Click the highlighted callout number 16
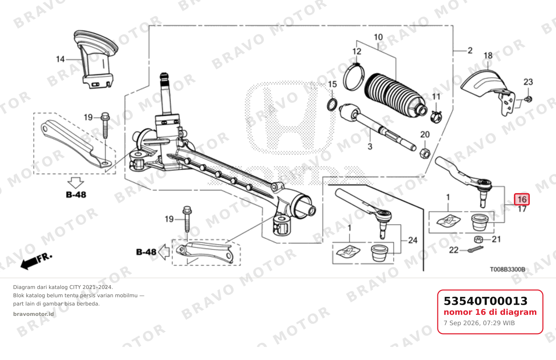coord(522,199)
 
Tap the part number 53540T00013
coord(486,301)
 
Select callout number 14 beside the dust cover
coord(60,59)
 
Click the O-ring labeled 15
coord(332,104)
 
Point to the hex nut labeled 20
coord(425,153)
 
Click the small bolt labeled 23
coord(528,99)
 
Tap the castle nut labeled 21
coord(478,239)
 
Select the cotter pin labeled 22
coord(475,249)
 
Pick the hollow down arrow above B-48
coord(76,183)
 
